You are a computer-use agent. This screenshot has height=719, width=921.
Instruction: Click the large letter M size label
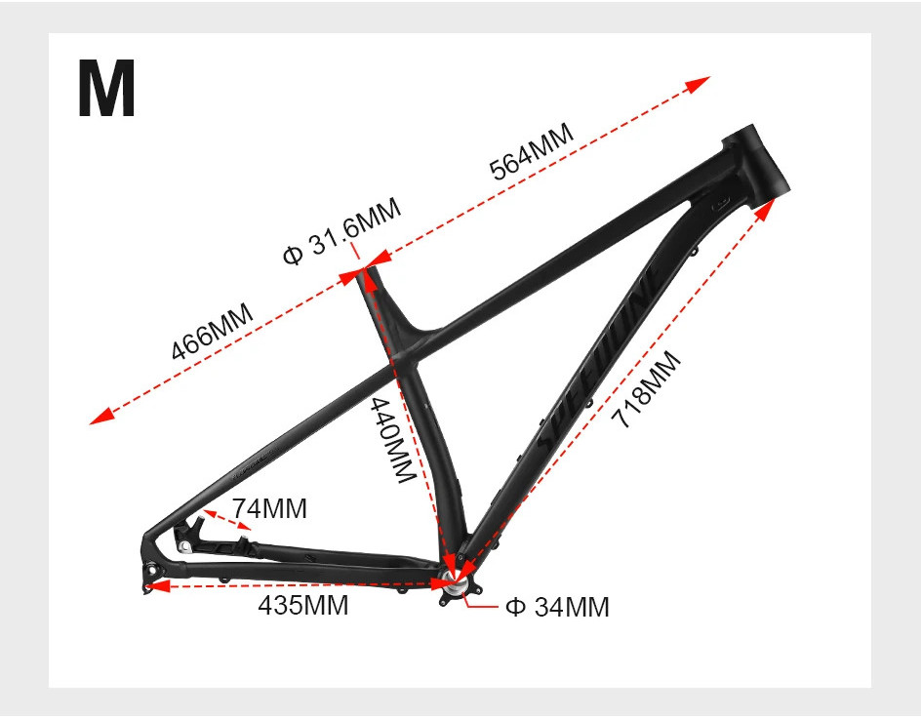[106, 90]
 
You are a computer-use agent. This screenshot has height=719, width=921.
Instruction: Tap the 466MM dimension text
[212, 332]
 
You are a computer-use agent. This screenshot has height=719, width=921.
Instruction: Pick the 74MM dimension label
[269, 508]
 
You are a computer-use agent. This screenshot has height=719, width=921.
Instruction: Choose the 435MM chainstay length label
[302, 605]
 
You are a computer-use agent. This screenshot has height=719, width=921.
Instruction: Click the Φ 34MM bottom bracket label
[557, 607]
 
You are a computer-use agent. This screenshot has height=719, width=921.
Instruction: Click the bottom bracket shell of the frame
[456, 584]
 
